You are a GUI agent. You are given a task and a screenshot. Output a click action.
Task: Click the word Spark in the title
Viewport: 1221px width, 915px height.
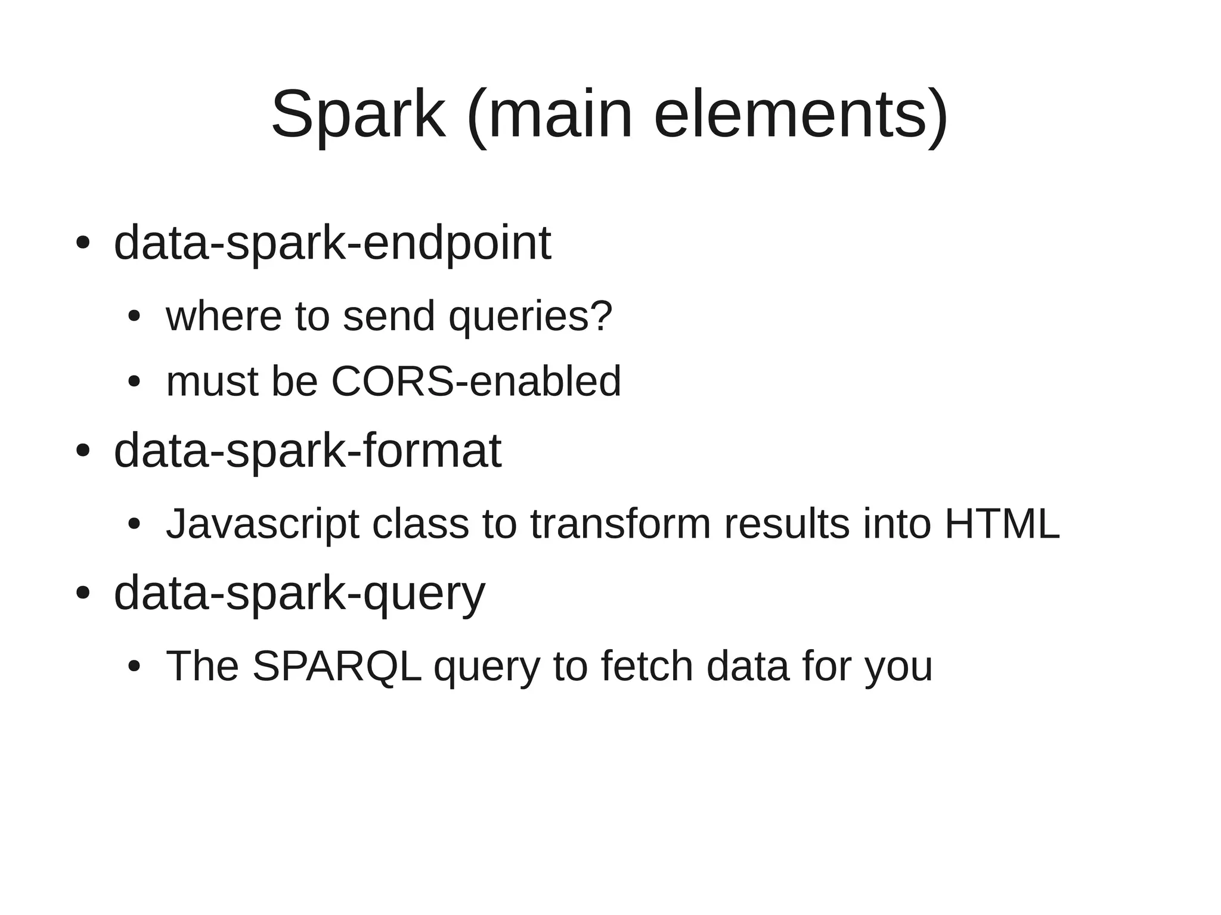[x=358, y=114]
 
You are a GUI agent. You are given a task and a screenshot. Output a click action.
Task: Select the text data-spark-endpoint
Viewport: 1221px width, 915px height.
[x=332, y=243]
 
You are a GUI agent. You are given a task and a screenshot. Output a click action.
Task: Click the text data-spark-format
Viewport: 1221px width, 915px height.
[x=308, y=451]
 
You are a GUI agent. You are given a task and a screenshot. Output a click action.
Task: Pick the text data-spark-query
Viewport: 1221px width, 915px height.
[x=299, y=593]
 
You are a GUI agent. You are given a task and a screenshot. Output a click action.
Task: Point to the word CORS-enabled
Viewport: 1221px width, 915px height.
[x=476, y=381]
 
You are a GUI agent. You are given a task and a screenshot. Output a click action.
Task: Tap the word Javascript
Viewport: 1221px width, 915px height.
[x=262, y=524]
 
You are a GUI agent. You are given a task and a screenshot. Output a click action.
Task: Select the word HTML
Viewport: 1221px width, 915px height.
[x=1002, y=524]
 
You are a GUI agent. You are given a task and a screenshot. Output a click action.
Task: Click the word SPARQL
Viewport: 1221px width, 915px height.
[x=337, y=666]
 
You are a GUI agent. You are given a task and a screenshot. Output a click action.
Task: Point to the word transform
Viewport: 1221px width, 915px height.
[x=620, y=524]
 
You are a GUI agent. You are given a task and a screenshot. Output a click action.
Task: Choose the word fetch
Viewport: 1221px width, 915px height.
[x=647, y=666]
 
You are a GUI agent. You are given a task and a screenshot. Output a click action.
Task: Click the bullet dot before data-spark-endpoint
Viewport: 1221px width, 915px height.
[x=83, y=243]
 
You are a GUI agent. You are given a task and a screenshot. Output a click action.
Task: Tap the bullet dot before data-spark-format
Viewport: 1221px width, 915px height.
[x=83, y=451]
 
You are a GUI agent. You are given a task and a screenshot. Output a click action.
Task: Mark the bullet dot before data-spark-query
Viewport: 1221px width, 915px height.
[x=83, y=593]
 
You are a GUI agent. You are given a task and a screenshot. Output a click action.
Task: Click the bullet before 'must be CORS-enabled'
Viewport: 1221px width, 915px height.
[x=134, y=381]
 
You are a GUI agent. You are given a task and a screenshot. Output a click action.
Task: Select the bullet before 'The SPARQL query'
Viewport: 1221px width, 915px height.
[x=134, y=666]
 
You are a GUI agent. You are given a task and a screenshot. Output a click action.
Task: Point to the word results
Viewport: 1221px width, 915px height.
[x=786, y=524]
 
